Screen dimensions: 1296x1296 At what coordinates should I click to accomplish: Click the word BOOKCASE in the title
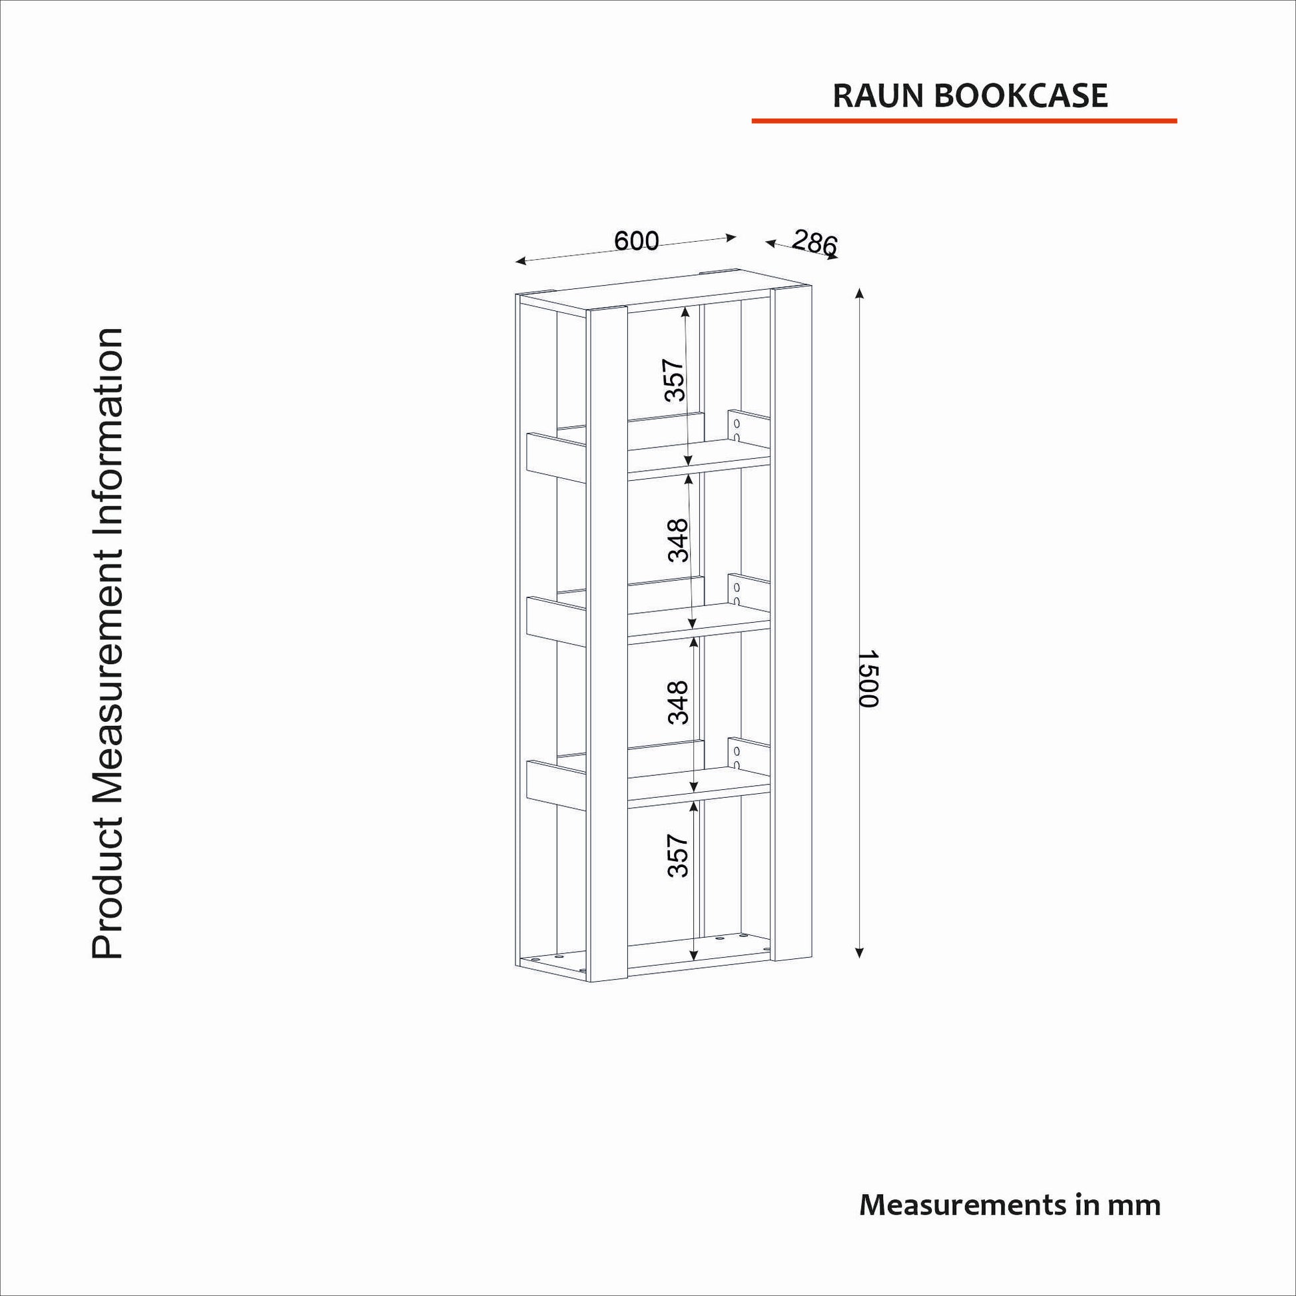pyautogui.click(x=1020, y=96)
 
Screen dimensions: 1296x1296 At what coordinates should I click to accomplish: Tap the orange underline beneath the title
pyautogui.click(x=964, y=121)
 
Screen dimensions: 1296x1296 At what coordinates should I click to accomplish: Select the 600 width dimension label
pyautogui.click(x=637, y=240)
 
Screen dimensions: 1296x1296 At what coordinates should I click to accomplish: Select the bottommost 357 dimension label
pyautogui.click(x=678, y=855)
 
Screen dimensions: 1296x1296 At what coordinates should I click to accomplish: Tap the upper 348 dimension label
pyautogui.click(x=678, y=540)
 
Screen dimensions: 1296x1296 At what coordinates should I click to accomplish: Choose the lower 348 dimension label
pyautogui.click(x=678, y=703)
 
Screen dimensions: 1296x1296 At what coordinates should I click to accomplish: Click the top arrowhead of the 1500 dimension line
pyautogui.click(x=860, y=293)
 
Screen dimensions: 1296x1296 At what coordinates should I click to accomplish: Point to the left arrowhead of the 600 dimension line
pyautogui.click(x=521, y=261)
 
